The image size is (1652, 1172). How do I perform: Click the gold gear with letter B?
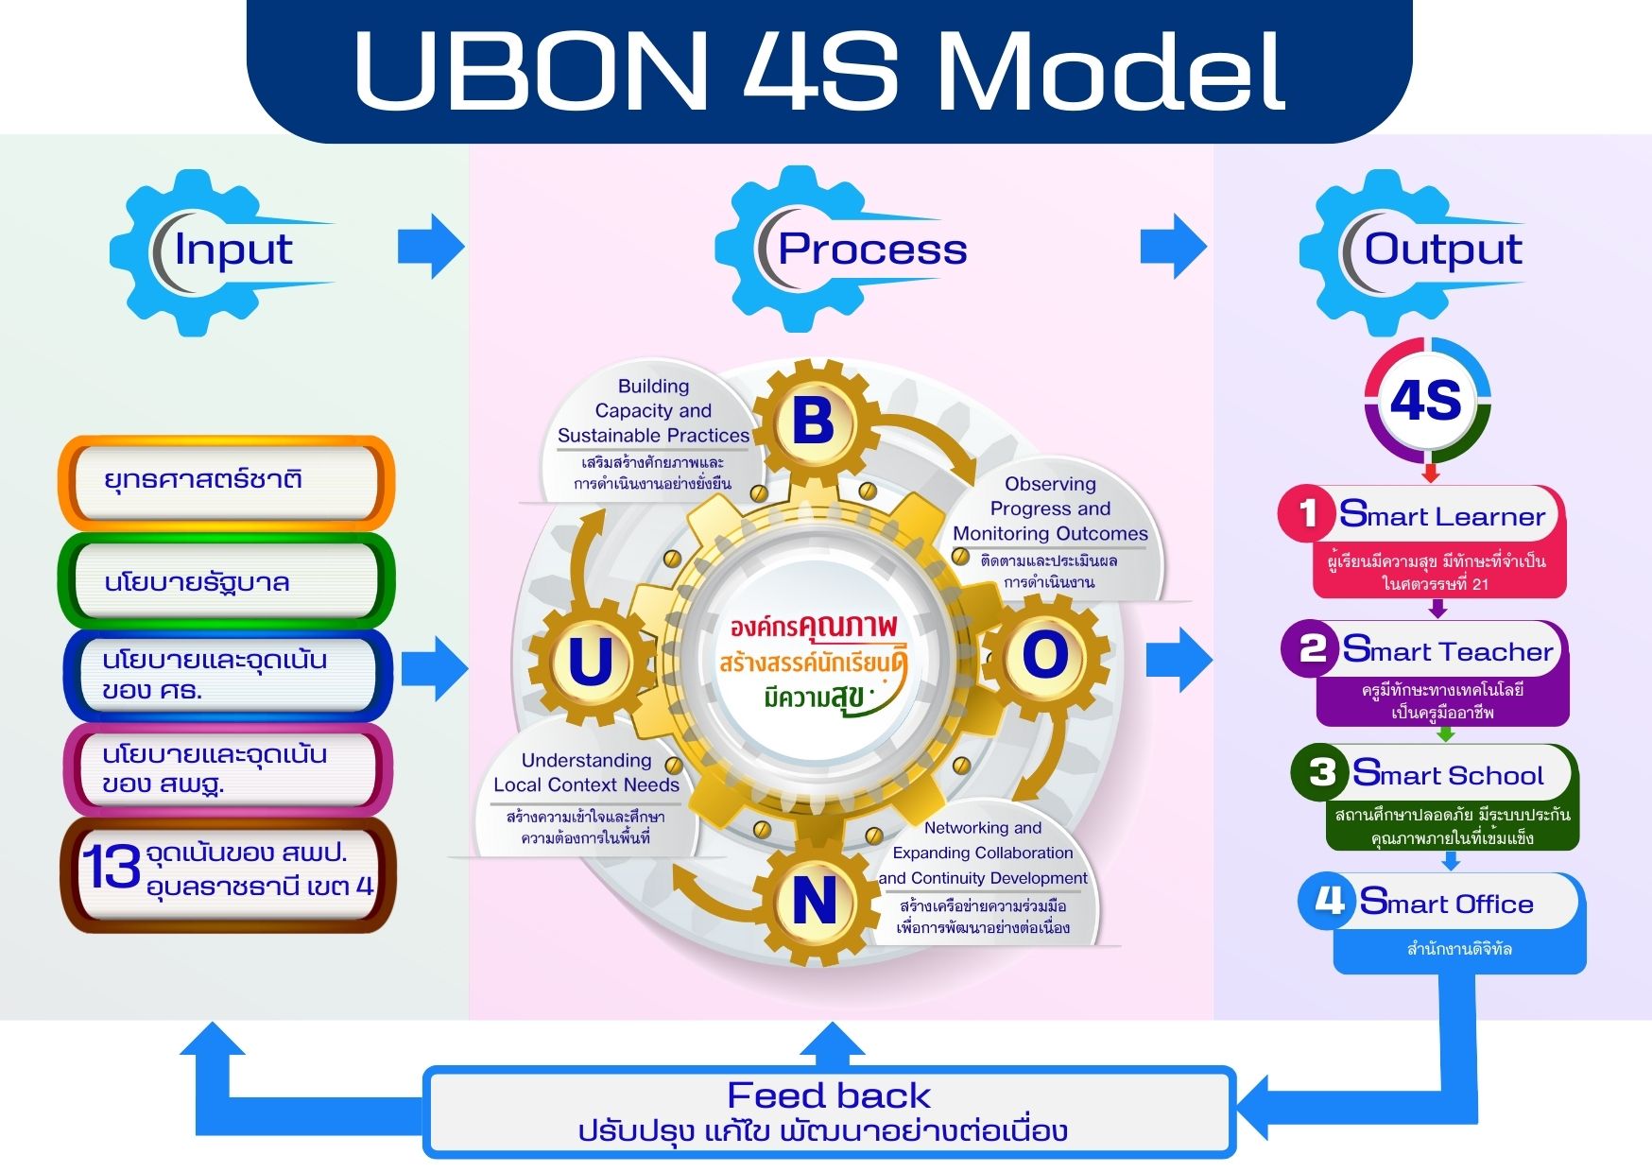tap(813, 422)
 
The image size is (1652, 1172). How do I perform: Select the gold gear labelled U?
tap(591, 661)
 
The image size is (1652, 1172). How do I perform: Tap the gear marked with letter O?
tap(1044, 655)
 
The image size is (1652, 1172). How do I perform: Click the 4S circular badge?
tap(1426, 400)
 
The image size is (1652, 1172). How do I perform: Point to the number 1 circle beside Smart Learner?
tap(1308, 513)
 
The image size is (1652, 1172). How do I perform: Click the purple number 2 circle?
tap(1312, 649)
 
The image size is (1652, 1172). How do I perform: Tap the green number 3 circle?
tap(1322, 772)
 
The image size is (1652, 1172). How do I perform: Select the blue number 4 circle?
tap(1329, 900)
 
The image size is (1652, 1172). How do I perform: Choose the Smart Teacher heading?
tap(1447, 650)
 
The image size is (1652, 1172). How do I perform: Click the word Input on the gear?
tap(233, 250)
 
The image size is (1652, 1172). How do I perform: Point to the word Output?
tap(1442, 250)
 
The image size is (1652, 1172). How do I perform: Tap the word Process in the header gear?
tap(871, 250)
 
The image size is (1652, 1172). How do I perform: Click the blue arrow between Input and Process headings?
tap(431, 246)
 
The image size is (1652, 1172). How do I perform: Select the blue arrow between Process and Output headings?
tap(1173, 246)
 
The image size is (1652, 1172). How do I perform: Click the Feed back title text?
tap(828, 1095)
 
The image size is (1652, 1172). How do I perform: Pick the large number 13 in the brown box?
tap(112, 867)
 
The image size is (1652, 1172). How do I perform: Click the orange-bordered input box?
tap(227, 481)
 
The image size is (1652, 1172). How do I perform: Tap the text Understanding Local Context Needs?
tap(586, 772)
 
